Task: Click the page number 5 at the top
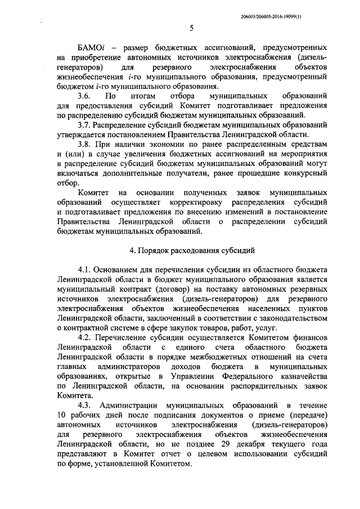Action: click(x=191, y=29)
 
